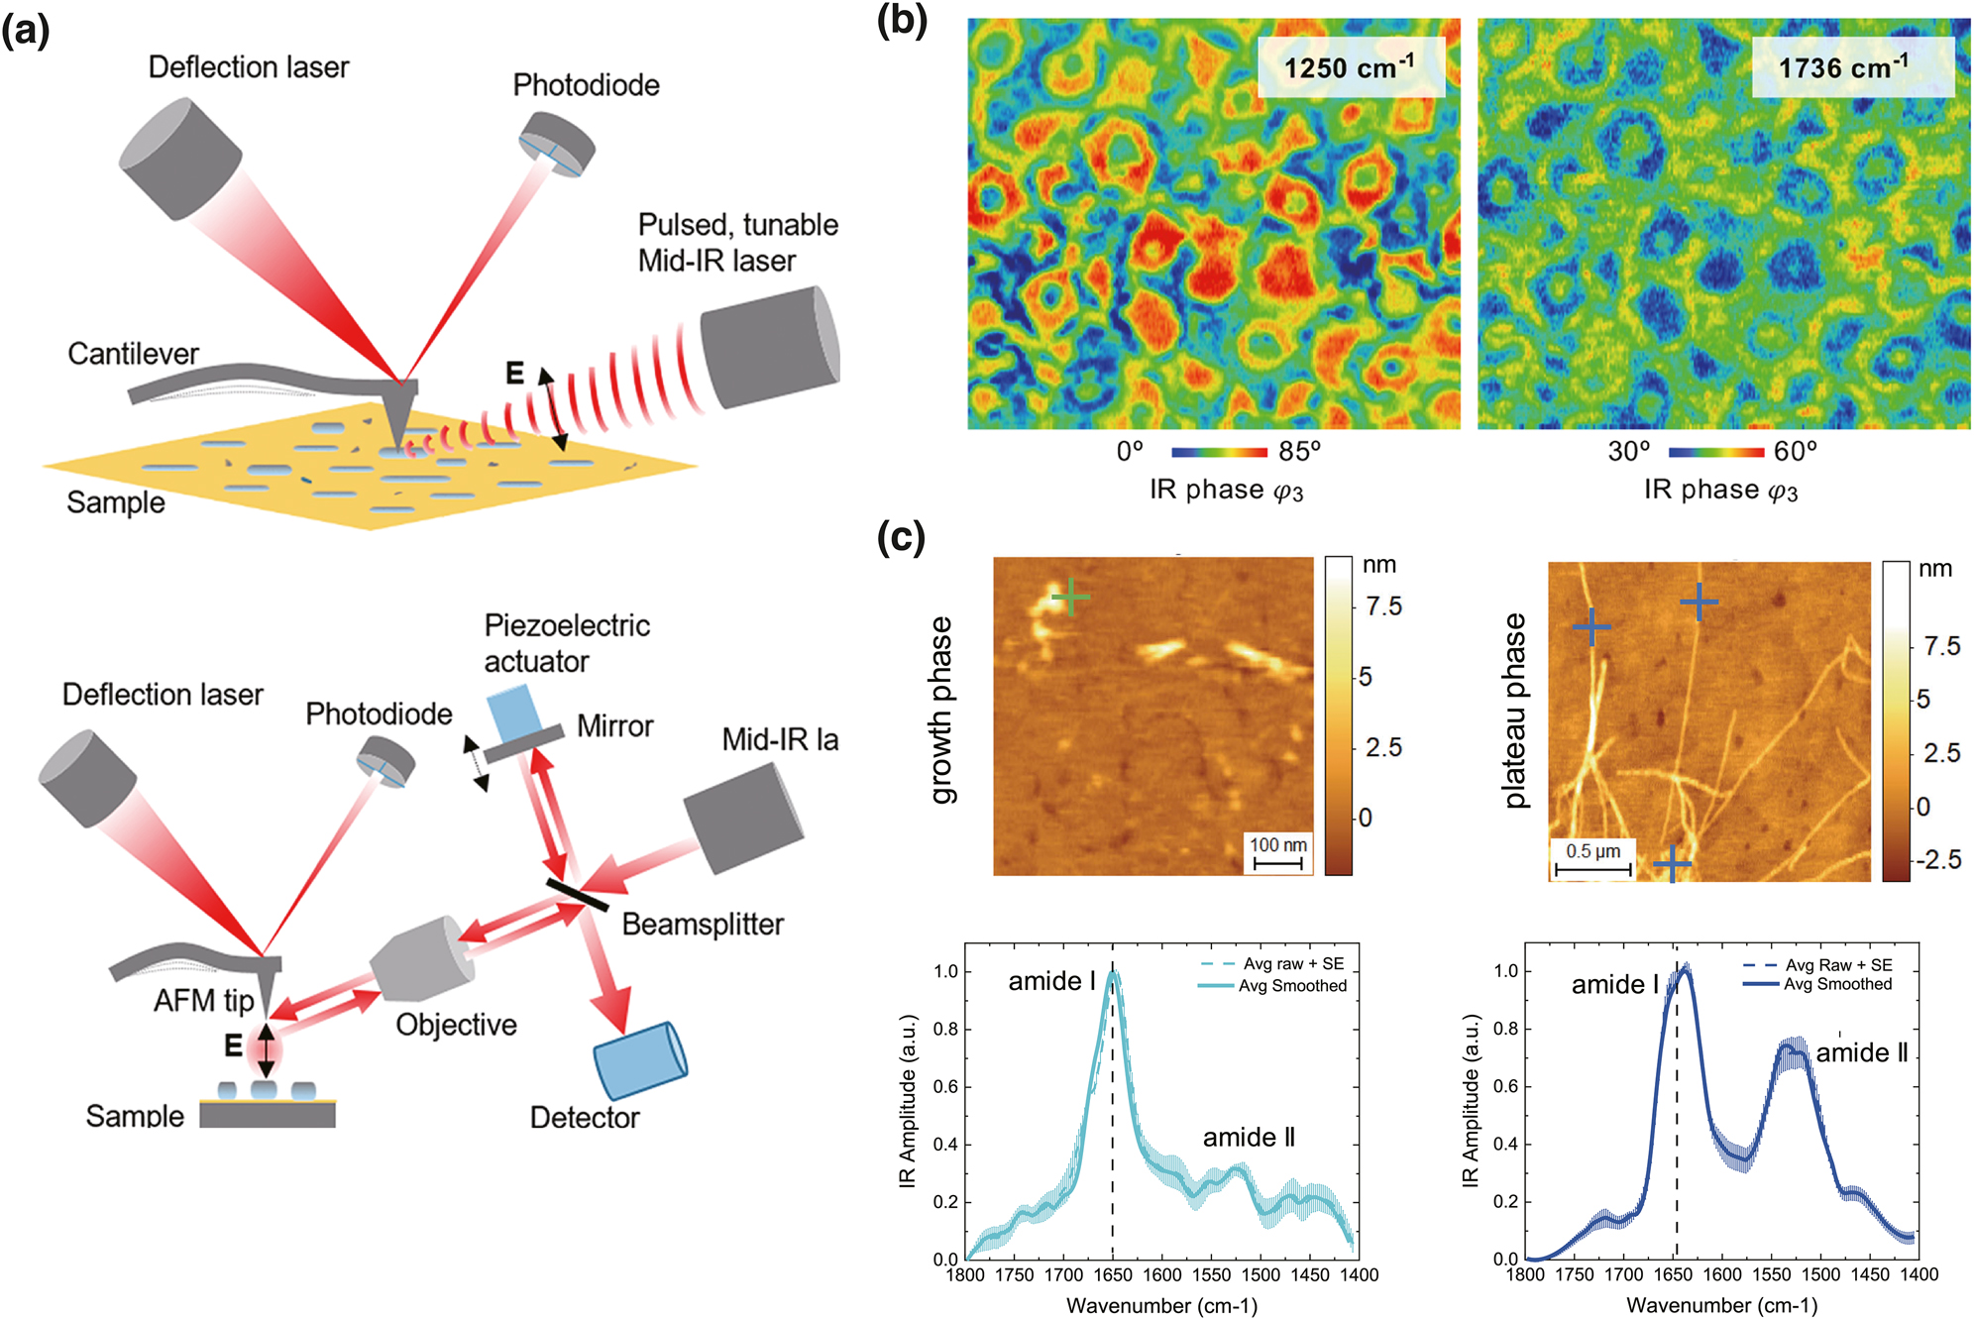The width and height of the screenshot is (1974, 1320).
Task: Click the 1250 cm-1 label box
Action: click(x=1350, y=67)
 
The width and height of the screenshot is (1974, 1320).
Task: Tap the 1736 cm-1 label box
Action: click(x=1852, y=67)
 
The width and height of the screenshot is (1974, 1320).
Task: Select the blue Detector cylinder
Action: click(x=640, y=1061)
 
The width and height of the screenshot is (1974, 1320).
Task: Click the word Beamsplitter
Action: click(x=703, y=925)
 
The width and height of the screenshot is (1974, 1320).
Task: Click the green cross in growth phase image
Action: click(x=1070, y=598)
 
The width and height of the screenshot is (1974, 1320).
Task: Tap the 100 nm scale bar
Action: click(x=1277, y=853)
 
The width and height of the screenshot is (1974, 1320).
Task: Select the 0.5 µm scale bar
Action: click(x=1592, y=860)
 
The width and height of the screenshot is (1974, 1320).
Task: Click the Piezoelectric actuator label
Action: click(x=566, y=643)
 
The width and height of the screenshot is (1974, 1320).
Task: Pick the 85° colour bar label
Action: click(x=1299, y=452)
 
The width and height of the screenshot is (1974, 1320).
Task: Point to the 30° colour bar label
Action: click(x=1629, y=452)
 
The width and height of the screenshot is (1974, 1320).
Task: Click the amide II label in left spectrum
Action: click(x=1249, y=1137)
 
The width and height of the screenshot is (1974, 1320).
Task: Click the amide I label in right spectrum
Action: click(x=1614, y=984)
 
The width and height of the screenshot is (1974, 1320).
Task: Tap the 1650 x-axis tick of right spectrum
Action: click(x=1673, y=1275)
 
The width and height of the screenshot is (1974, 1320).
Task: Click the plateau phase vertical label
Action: click(x=1515, y=711)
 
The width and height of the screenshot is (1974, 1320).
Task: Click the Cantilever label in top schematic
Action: click(x=133, y=354)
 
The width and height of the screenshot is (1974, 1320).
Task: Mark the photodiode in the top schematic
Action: click(x=558, y=144)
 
